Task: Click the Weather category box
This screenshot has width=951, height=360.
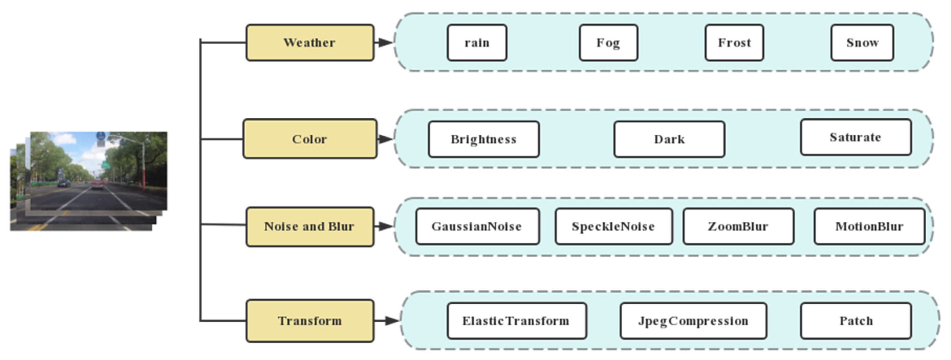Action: click(x=310, y=42)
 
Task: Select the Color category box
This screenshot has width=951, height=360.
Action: click(x=310, y=139)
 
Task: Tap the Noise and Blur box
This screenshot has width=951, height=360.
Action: click(x=310, y=226)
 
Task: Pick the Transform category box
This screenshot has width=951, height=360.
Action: click(x=310, y=321)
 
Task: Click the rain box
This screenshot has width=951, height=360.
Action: click(x=477, y=42)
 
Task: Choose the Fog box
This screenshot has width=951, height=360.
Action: click(x=608, y=42)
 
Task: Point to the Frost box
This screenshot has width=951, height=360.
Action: click(x=734, y=42)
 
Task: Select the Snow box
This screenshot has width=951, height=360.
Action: click(x=862, y=42)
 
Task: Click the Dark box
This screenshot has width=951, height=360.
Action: click(x=669, y=139)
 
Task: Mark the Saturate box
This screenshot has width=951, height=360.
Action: click(x=855, y=137)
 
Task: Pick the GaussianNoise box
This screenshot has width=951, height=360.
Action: click(x=477, y=226)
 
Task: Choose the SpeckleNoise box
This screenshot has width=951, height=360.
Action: click(x=613, y=226)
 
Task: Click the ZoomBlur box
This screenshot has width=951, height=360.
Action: click(x=738, y=226)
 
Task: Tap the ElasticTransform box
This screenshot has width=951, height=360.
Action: click(x=516, y=321)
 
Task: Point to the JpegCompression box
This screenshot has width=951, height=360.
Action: click(x=693, y=321)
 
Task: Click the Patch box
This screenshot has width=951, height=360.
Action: click(x=856, y=321)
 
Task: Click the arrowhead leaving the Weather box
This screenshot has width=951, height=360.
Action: click(x=385, y=42)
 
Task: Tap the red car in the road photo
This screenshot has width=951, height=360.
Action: click(x=97, y=184)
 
